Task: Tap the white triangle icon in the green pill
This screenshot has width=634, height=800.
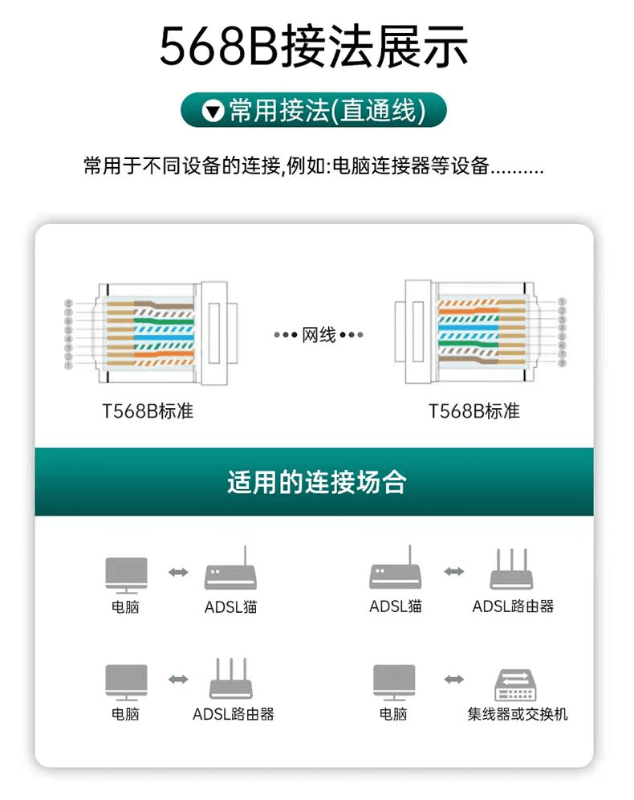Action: pyautogui.click(x=213, y=111)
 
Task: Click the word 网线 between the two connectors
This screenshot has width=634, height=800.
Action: pyautogui.click(x=319, y=335)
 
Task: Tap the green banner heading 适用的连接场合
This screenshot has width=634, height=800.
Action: pyautogui.click(x=316, y=482)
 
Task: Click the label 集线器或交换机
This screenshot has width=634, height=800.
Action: pyautogui.click(x=518, y=714)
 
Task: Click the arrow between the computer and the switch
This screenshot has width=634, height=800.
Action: pyautogui.click(x=454, y=680)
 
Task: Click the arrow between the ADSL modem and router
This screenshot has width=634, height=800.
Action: pyautogui.click(x=454, y=571)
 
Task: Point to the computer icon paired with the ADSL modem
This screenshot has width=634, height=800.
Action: pyautogui.click(x=126, y=574)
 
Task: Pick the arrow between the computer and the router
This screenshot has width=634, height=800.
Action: pyautogui.click(x=178, y=680)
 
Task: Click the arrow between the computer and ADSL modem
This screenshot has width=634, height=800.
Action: pyautogui.click(x=178, y=572)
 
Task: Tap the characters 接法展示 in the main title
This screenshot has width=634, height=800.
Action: pyautogui.click(x=373, y=47)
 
